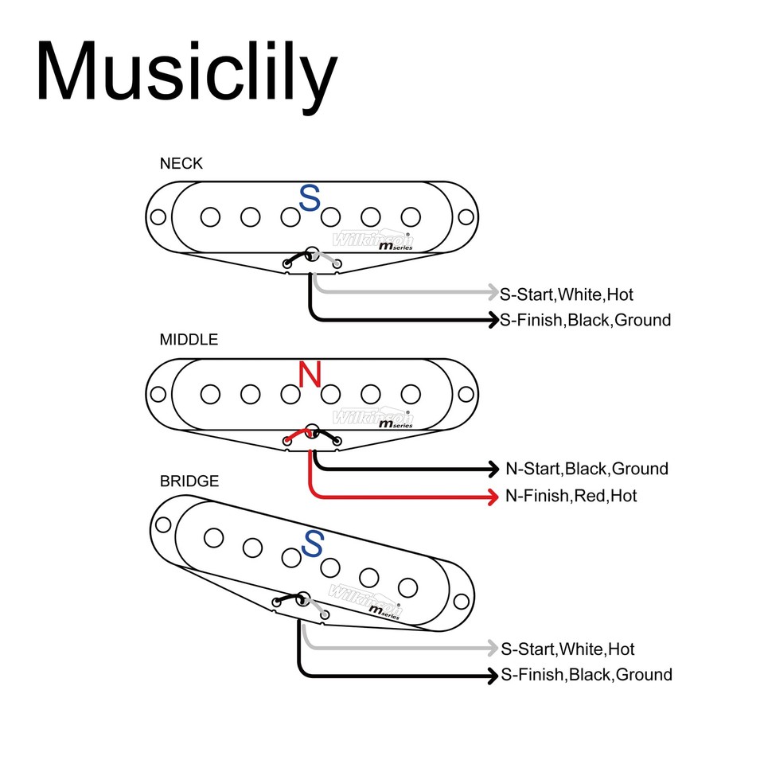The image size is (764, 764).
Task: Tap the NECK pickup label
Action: coord(181,164)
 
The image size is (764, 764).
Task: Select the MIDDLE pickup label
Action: coord(189,340)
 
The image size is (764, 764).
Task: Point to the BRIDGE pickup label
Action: coord(189,481)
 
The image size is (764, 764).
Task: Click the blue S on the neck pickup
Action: coord(309,198)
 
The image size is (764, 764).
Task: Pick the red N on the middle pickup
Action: coord(310,374)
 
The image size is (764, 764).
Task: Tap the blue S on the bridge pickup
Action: coord(314,544)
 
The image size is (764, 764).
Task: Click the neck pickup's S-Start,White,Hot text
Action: coord(567,294)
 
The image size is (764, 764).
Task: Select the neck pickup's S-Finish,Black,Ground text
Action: coord(585,321)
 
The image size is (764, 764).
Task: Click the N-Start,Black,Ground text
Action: coord(587,469)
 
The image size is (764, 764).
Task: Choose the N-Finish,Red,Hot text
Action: coord(571,496)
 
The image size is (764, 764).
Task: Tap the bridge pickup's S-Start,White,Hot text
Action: coord(567,649)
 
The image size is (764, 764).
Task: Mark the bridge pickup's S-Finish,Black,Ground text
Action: coord(586,675)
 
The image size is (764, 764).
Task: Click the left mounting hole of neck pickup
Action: coord(158,216)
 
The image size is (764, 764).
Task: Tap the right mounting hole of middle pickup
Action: coord(466,393)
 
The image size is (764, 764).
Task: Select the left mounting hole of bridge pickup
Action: coord(164,524)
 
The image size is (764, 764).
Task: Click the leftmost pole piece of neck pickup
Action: coord(210,216)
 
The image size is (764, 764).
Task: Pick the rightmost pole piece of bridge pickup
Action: coord(408,587)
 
